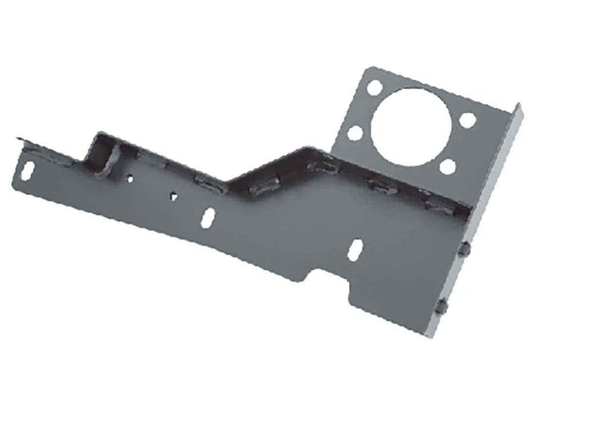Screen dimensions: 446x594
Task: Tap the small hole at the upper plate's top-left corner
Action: [x=375, y=88]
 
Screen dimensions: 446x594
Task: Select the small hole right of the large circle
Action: [x=467, y=119]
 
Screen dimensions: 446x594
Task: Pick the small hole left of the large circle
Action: [x=355, y=133]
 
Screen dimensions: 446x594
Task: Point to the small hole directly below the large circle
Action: [x=447, y=167]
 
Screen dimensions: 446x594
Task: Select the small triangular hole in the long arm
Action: [x=173, y=196]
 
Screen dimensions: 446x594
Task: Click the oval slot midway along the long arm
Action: [x=208, y=217]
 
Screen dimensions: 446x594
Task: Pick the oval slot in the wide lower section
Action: [x=355, y=250]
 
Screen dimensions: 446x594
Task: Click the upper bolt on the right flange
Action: [x=464, y=249]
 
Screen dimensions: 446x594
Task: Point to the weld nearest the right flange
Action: [x=439, y=206]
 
